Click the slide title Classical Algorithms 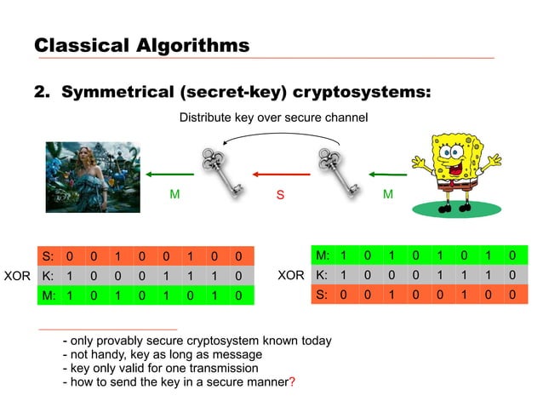pos(141,44)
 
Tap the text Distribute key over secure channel pos(273,117)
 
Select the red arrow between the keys pos(278,175)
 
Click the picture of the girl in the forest pos(92,176)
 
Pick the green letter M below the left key pos(174,194)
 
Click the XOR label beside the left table pos(17,276)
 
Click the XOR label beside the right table pos(291,276)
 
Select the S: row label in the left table pos(48,256)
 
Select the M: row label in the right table pos(323,255)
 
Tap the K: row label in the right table pos(322,276)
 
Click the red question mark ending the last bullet pos(292,382)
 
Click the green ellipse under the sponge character pos(476,206)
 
